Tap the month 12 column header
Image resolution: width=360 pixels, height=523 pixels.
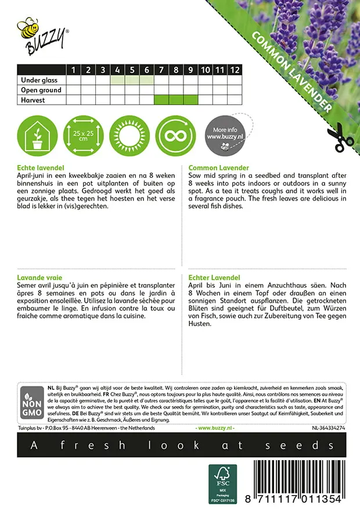click(234, 70)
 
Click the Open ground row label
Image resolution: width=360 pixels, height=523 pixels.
click(41, 90)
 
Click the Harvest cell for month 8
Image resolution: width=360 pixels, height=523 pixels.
click(176, 100)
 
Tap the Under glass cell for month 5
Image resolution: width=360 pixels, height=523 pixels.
click(132, 80)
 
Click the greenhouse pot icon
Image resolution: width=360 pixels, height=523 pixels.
click(37, 136)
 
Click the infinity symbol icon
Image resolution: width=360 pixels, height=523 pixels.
click(175, 136)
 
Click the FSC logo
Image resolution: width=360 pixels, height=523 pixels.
click(222, 483)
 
